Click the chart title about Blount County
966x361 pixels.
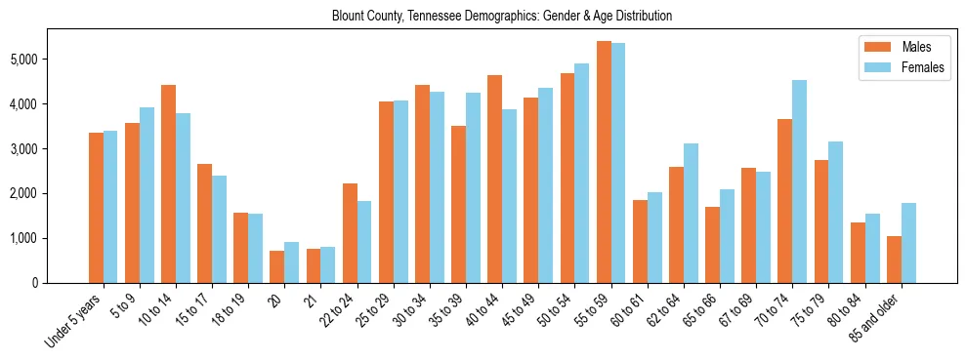tap(502, 17)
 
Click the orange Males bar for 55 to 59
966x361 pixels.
tap(604, 162)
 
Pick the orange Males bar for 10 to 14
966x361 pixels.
tap(168, 183)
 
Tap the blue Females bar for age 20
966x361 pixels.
tap(292, 262)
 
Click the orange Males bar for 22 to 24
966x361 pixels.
tap(350, 233)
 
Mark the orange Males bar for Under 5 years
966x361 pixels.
tap(96, 208)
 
